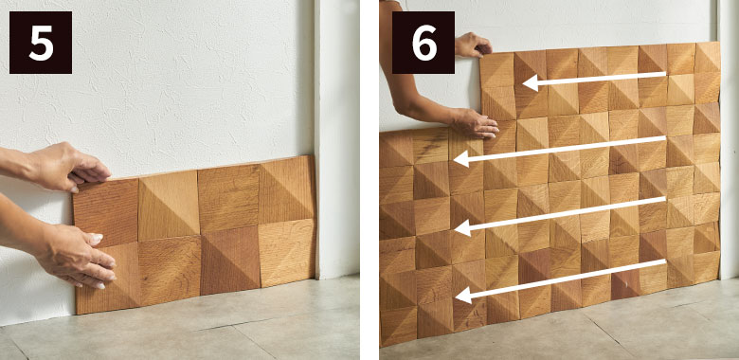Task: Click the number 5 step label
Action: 41,43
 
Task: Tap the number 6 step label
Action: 424,43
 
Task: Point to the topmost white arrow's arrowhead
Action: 531,83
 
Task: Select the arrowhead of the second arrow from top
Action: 461,159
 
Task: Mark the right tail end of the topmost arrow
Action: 665,74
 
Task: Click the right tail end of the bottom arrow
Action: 665,261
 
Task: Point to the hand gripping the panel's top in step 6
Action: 473,45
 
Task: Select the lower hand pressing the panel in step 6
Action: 474,123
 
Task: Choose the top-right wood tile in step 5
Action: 286,189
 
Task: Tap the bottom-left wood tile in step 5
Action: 107,278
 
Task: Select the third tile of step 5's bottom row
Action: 230,261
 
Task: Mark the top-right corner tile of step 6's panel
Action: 708,57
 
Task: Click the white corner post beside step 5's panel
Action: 337,139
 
